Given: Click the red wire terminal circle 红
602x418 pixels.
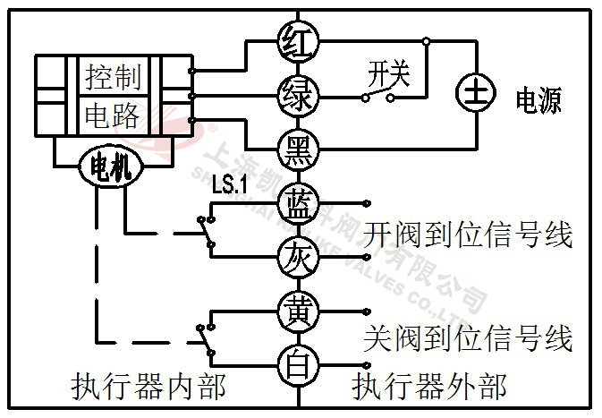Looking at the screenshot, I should (x=295, y=39).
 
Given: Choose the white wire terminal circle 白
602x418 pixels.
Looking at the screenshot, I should (x=295, y=365).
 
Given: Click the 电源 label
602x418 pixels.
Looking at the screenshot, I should (x=538, y=100).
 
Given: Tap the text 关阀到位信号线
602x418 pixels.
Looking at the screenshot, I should (x=470, y=339).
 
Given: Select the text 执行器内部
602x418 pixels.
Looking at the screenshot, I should (x=148, y=387).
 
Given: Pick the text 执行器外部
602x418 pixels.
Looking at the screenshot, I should (x=429, y=387).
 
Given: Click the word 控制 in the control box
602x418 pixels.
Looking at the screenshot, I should (x=114, y=78).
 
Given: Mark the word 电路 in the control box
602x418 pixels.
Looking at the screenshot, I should (x=114, y=115).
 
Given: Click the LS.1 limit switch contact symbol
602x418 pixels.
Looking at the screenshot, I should (x=208, y=229).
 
